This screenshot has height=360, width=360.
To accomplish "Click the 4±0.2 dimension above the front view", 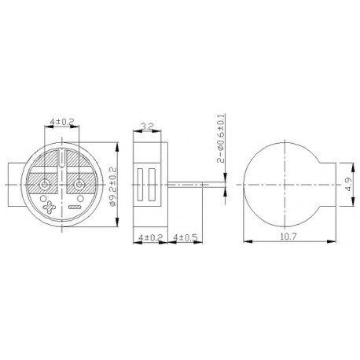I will (61, 123).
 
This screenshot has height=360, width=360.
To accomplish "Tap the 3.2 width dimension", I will (146, 125).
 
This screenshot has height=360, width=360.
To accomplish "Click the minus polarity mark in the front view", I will (76, 208).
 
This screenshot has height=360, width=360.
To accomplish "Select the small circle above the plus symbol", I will (47, 197).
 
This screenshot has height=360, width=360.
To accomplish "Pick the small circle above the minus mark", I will (75, 197).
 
